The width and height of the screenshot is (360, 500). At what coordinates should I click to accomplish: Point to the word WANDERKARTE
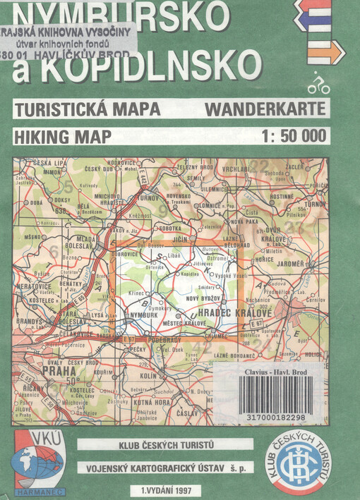pyautogui.click(x=265, y=109)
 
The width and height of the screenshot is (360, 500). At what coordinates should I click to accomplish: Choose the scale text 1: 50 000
pyautogui.click(x=293, y=136)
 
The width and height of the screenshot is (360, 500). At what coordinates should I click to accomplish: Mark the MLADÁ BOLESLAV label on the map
pyautogui.click(x=71, y=243)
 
